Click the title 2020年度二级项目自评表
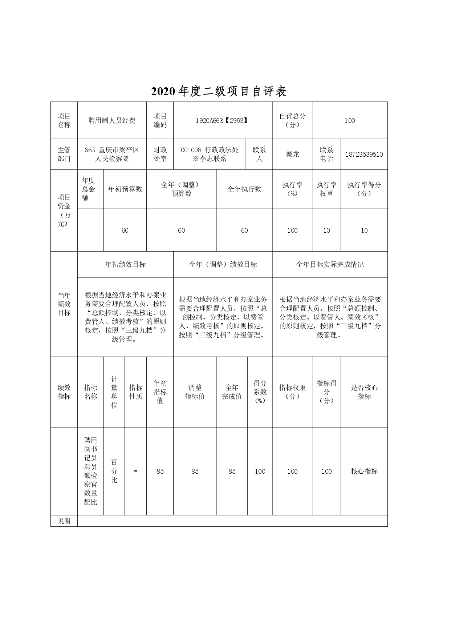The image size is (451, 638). coord(219,92)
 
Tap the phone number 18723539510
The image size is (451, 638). coord(364,155)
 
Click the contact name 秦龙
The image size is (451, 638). coord(292,155)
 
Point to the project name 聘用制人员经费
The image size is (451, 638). coord(112,121)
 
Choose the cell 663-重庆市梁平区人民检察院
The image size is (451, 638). coord(112,155)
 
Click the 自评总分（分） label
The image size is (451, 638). coord(292,120)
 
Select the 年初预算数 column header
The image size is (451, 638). coord(125,189)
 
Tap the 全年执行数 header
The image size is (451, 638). coord(244,189)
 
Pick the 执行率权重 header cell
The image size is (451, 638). coord(326,189)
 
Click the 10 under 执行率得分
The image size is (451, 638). coord(364,230)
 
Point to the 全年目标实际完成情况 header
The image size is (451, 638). coord(330,265)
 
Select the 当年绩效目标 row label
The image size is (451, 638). coord(64,304)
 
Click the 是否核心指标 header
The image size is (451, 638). coord(364,392)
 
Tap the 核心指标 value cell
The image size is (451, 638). coord(364,472)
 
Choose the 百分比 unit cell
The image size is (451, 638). coord(114,471)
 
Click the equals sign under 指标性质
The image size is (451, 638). coord(135,472)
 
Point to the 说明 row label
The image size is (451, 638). coord(64,521)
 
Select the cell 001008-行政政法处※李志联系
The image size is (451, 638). coord(210,155)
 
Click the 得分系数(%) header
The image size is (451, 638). coord(260,392)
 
